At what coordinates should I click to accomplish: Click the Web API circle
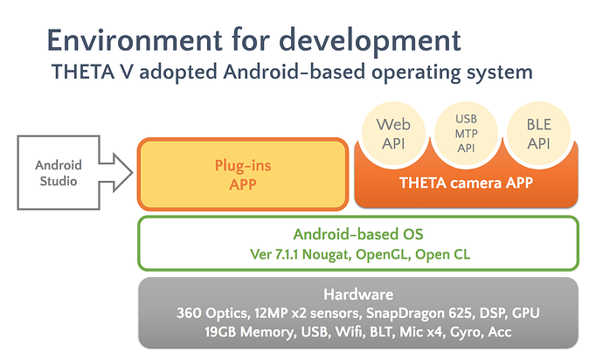(x=393, y=134)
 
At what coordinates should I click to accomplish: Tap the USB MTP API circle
(x=466, y=134)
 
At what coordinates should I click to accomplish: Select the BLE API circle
(x=539, y=134)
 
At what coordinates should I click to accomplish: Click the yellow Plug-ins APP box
(x=243, y=174)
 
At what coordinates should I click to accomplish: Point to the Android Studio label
(x=59, y=173)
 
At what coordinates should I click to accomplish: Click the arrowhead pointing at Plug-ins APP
(x=122, y=173)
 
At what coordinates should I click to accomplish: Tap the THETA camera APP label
(x=466, y=183)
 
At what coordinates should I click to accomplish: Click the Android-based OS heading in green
(x=358, y=234)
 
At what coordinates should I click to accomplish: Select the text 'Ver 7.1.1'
(x=274, y=254)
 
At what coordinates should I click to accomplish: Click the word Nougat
(x=327, y=254)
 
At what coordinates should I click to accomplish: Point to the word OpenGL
(x=382, y=254)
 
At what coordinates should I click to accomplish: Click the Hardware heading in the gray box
(x=358, y=294)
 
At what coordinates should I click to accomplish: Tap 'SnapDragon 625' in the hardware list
(x=419, y=313)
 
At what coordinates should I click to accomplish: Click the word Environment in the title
(x=135, y=40)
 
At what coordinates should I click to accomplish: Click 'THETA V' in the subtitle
(x=93, y=72)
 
